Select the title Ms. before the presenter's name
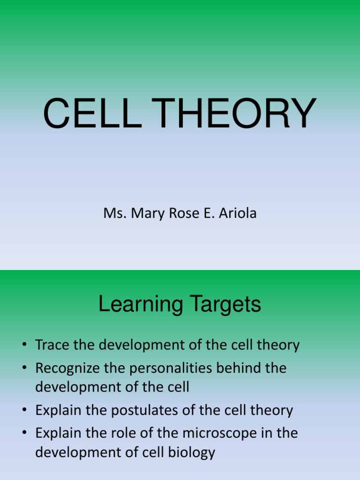click(112, 213)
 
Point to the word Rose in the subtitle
click(176, 213)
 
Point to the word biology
click(191, 452)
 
